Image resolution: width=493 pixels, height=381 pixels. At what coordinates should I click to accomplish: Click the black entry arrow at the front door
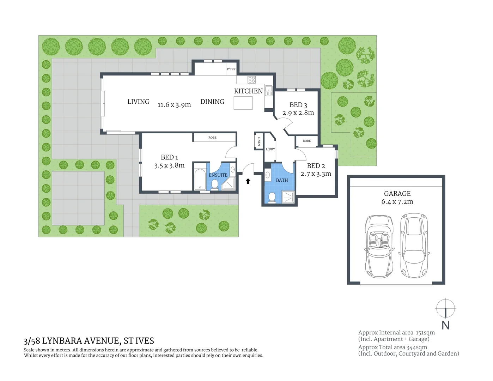click(x=248, y=181)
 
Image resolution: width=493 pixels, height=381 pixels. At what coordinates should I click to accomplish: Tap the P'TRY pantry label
click(x=231, y=69)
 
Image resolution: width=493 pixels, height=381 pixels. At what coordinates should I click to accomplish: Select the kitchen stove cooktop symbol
click(x=251, y=79)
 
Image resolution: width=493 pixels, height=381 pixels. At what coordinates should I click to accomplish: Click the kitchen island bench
click(x=243, y=103)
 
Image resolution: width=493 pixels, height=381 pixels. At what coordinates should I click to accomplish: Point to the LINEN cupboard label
click(x=259, y=141)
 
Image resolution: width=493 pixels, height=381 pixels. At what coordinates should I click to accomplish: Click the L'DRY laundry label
click(x=270, y=149)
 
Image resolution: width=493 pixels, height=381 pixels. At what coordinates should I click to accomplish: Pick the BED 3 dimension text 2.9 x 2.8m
click(x=298, y=113)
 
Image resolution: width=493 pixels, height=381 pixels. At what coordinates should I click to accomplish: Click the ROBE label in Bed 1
click(x=212, y=138)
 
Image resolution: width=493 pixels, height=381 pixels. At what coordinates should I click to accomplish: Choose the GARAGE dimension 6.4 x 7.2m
click(x=397, y=202)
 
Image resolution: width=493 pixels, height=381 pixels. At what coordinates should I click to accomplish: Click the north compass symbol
click(x=445, y=308)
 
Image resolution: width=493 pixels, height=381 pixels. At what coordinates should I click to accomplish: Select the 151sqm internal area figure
click(x=425, y=333)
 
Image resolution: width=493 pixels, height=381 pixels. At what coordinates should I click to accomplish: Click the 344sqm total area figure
click(x=416, y=347)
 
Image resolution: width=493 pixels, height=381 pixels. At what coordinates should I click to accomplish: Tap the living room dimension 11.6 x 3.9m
click(x=174, y=105)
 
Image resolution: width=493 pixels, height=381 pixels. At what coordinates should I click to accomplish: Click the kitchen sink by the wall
click(x=269, y=91)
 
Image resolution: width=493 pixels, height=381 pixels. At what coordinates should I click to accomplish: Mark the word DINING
click(x=212, y=102)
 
